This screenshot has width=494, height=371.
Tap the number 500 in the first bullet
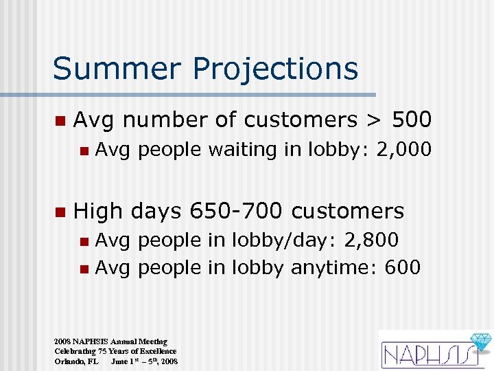coord(412,120)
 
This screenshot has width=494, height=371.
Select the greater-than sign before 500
coord(374,120)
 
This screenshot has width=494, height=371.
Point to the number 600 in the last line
coord(403,267)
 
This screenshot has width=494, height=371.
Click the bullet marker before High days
coord(60,211)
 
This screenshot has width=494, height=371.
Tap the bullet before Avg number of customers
coord(60,121)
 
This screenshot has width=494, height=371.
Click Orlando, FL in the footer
coord(77,361)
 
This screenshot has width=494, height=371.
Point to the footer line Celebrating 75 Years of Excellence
coord(115,351)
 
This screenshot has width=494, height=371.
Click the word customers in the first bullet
coord(301,120)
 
